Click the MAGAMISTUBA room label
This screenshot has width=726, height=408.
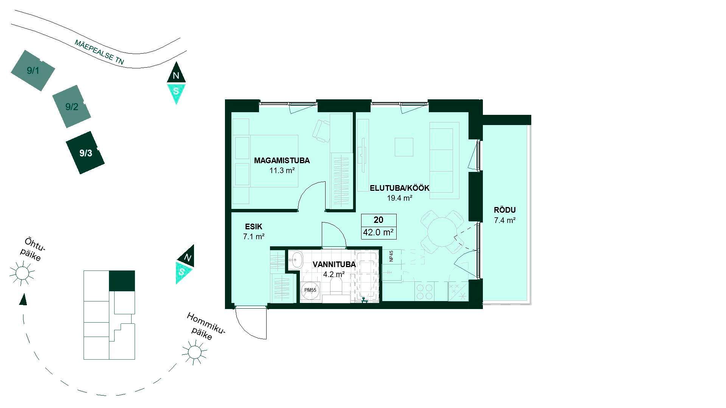282,161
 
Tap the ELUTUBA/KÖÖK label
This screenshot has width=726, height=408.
399,188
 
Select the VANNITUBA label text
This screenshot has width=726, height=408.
334,264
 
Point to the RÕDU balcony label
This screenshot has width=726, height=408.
505,210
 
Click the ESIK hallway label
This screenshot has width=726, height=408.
253,227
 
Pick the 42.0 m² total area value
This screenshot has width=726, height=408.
379,233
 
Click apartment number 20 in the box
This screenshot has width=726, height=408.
379,220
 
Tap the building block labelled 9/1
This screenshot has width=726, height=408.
33,71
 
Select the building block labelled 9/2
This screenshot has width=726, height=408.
72,107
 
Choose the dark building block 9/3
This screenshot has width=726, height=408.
85,153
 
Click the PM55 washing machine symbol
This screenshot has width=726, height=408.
310,290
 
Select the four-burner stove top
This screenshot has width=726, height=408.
425,291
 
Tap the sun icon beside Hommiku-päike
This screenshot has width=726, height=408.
194,352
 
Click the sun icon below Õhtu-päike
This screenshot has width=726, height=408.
22,273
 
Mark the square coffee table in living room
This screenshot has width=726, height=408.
404,147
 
